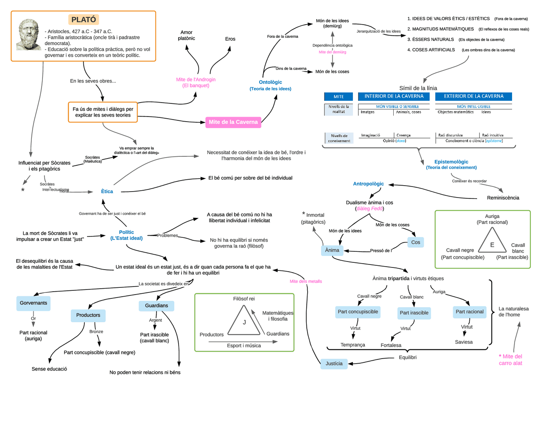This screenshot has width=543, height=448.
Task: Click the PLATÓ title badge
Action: tap(84, 19)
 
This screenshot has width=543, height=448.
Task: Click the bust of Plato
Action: tap(29, 35)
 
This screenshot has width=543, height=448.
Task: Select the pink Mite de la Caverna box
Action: tap(233, 122)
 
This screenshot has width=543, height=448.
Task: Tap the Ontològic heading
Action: tap(270, 82)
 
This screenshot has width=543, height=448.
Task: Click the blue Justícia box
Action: tap(334, 364)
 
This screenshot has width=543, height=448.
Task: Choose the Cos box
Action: tap(415, 242)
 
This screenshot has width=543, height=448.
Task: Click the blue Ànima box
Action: tap(332, 250)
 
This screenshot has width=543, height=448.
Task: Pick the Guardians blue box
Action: tap(156, 306)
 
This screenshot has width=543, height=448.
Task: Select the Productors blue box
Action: tap(88, 315)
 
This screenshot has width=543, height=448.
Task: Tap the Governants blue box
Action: tap(33, 303)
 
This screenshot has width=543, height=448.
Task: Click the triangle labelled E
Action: tap(492, 242)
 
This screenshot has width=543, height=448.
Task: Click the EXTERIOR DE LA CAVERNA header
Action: tap(473, 96)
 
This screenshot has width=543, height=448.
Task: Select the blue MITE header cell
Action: tap(339, 97)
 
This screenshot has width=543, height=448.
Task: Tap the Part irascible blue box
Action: tap(414, 313)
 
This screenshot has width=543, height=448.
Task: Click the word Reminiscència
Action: tap(503, 198)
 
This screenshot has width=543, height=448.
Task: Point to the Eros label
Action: tap(230, 39)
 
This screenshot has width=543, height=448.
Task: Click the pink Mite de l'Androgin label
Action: tap(196, 82)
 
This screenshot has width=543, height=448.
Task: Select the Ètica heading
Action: tap(107, 192)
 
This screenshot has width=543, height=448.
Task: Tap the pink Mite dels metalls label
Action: tap(305, 281)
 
